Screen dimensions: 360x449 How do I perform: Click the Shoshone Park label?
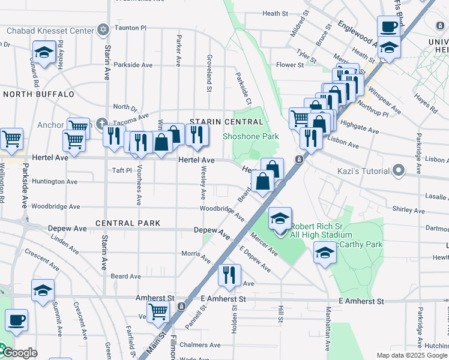click(251, 136)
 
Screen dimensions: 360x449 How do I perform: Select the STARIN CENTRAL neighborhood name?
click(226, 122)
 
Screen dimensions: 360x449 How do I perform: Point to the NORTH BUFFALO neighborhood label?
click(38, 94)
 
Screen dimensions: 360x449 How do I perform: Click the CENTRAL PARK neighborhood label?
click(128, 223)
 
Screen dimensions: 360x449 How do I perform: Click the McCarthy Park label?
click(366, 244)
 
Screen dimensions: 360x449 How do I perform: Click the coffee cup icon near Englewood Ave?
click(388, 27)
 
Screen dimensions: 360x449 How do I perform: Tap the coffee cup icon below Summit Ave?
click(16, 320)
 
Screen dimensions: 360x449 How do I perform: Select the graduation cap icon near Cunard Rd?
click(44, 53)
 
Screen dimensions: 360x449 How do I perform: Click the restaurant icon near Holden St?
click(229, 275)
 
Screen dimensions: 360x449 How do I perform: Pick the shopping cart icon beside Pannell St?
click(158, 311)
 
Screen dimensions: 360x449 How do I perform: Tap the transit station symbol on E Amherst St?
click(181, 307)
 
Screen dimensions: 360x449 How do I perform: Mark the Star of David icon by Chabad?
click(103, 29)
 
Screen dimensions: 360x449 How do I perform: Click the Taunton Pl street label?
click(131, 28)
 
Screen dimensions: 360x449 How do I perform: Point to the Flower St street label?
click(290, 65)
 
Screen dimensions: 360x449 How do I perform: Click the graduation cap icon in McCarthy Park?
click(325, 253)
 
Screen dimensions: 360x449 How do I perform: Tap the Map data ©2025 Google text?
click(411, 355)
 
